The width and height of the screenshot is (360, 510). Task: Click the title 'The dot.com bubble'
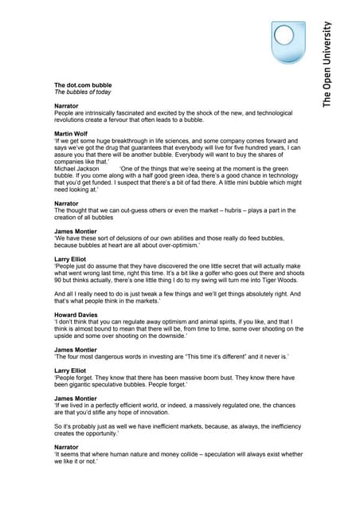click(x=83, y=84)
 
